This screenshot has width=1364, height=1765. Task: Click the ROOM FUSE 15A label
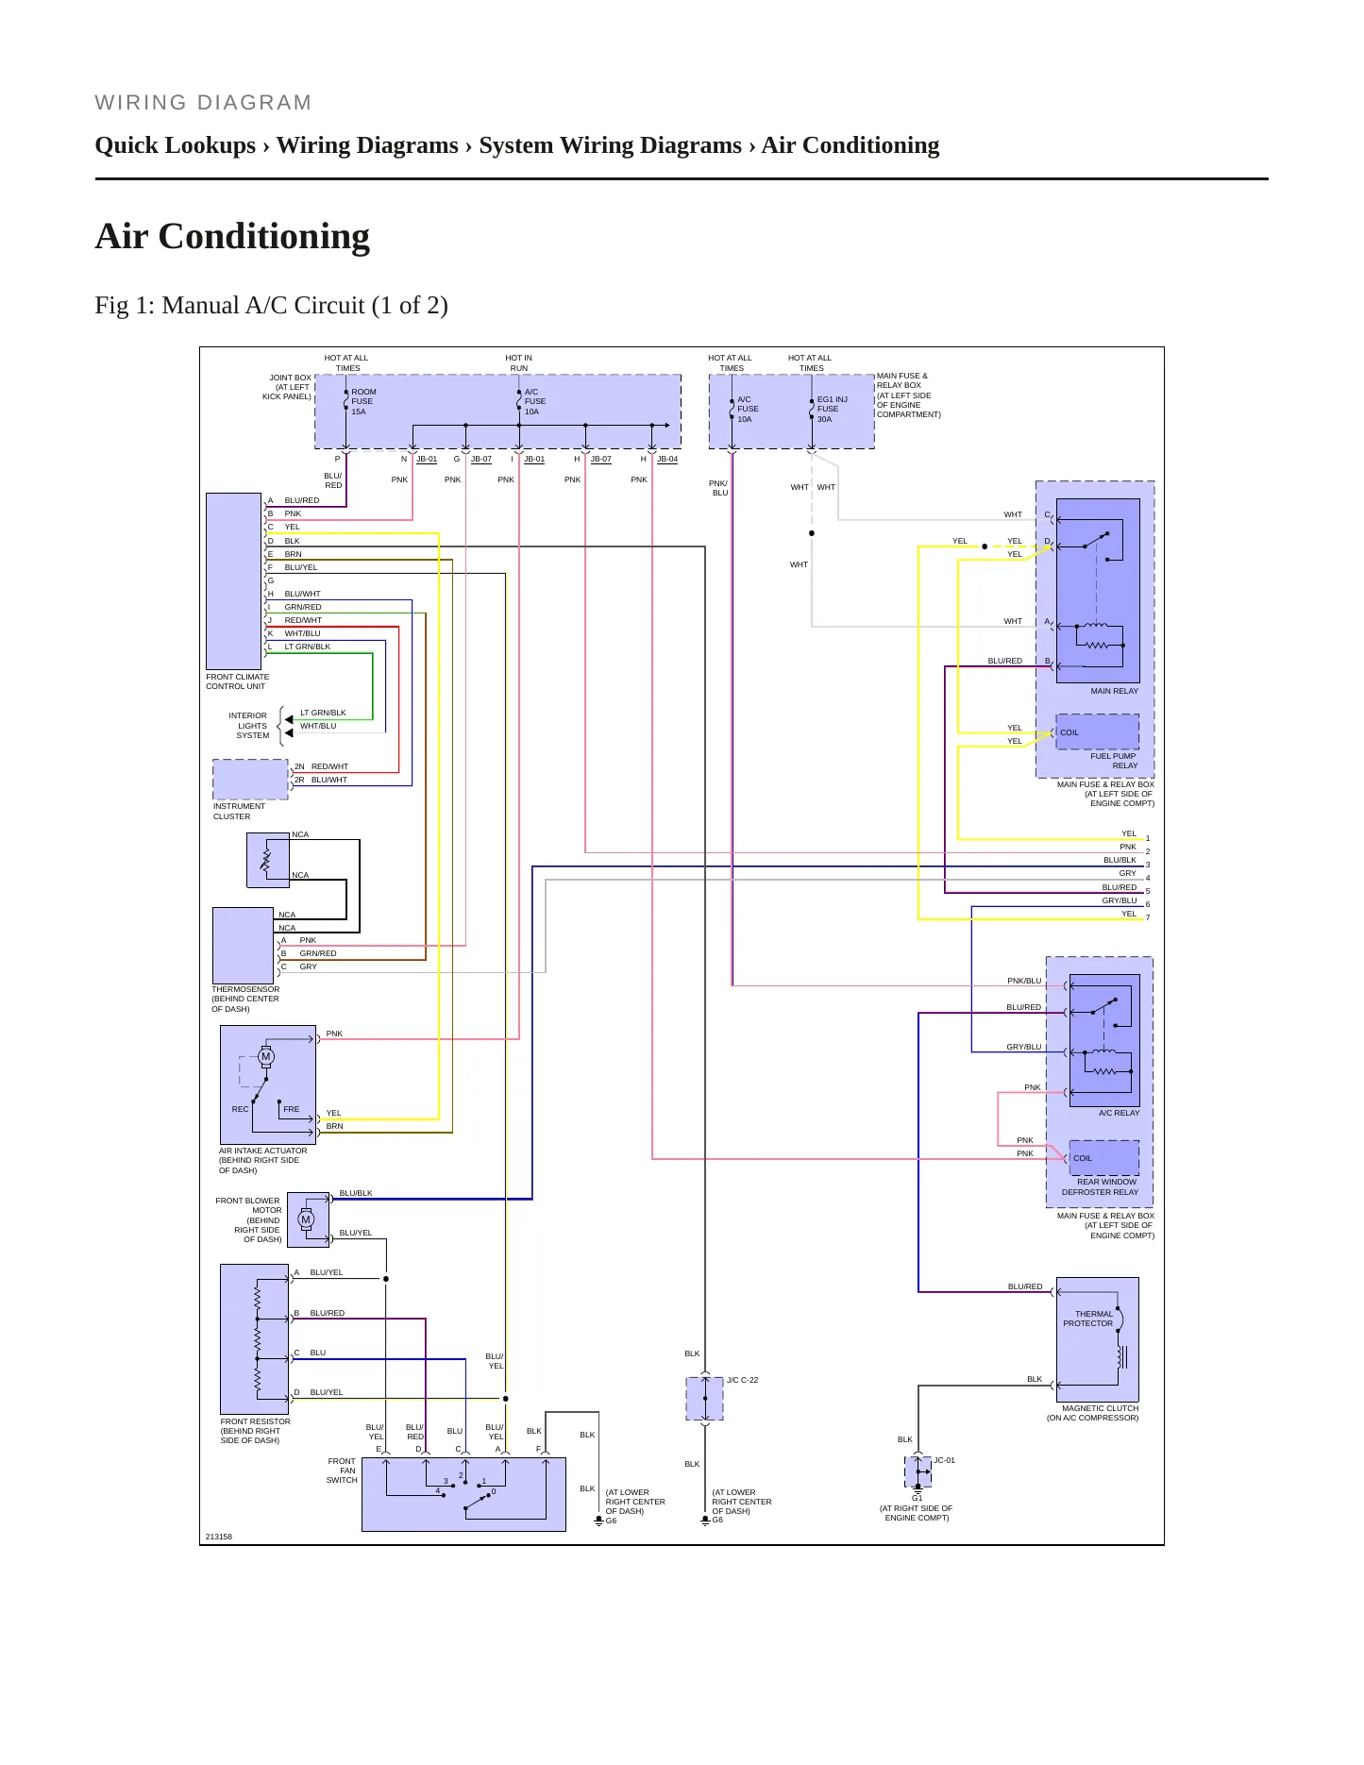pos(363,401)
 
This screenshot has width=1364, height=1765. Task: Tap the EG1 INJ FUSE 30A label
pos(832,409)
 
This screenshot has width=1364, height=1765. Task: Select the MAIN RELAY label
pos(1114,691)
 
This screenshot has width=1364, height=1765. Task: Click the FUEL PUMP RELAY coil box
pos(1097,731)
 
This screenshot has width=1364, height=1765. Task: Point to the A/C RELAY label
pos(1119,1113)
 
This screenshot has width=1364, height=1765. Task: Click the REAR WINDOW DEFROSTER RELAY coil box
pos(1103,1157)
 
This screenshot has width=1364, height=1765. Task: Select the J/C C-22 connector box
pos(704,1398)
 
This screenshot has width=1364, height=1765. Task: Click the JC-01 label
pos(944,1460)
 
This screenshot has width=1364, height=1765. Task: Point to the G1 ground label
pos(917,1498)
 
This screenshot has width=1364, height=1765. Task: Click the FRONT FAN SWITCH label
pos(342,1471)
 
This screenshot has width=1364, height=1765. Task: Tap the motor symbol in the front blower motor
pos(305,1219)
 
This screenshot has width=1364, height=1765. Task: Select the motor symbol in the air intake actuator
pos(266,1056)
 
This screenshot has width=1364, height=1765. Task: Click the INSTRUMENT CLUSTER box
pos(250,780)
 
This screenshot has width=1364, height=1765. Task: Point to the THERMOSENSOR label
pos(245,989)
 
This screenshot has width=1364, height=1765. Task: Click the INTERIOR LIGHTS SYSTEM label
pos(249,725)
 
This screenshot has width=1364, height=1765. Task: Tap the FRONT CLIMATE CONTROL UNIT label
pos(238,681)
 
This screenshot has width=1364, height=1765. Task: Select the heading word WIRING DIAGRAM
pos(203,103)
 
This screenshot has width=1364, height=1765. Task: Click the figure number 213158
pos(219,1537)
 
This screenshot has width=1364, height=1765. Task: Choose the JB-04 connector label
pos(667,459)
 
